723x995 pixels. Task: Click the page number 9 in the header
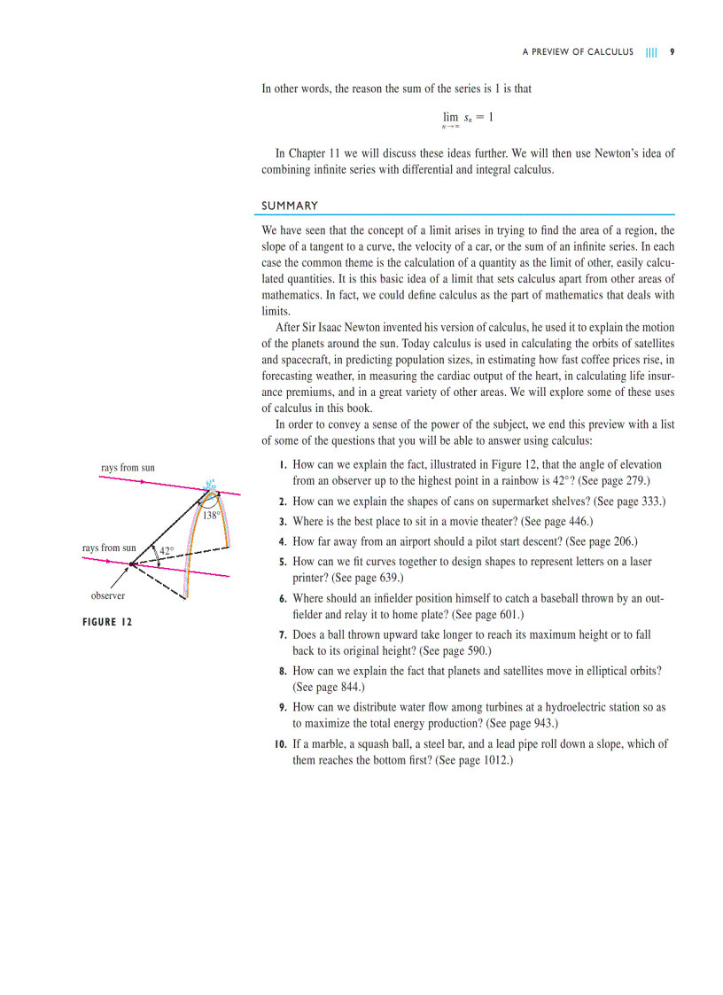(672, 52)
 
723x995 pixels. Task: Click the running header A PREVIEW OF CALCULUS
(578, 52)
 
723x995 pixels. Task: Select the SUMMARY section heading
(290, 206)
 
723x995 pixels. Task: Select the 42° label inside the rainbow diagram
(166, 551)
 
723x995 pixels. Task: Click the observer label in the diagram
(108, 596)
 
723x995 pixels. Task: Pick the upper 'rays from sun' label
(128, 467)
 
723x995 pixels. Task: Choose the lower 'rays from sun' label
(109, 548)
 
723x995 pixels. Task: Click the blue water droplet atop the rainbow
(211, 485)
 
